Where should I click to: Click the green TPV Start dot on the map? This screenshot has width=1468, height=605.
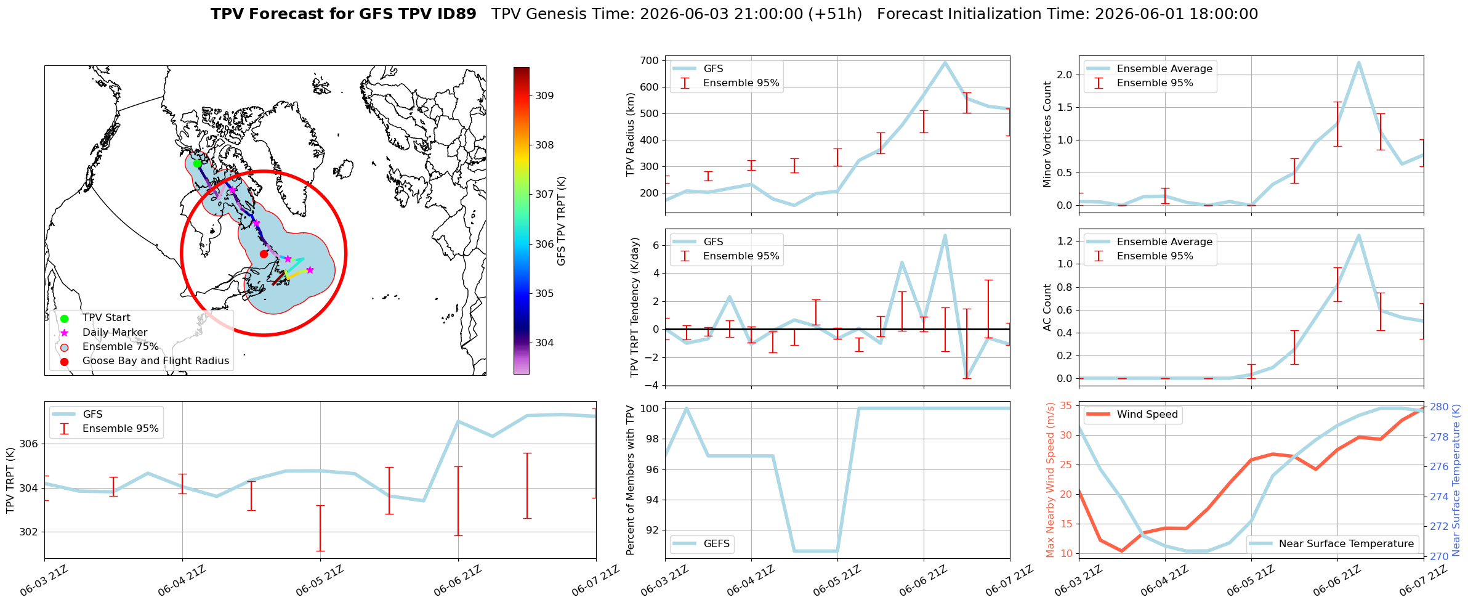197,163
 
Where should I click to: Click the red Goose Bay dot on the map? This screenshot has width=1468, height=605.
264,254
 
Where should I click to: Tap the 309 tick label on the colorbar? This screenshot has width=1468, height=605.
544,95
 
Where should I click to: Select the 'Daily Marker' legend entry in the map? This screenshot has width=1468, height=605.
115,332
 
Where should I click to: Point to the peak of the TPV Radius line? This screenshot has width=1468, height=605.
945,62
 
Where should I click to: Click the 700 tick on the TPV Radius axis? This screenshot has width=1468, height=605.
651,60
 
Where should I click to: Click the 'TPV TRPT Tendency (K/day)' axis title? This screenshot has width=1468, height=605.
635,307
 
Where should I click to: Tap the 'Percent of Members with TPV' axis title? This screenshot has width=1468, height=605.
630,480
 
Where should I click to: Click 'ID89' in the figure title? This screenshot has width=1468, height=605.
455,14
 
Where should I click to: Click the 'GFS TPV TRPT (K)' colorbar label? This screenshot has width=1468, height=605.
562,221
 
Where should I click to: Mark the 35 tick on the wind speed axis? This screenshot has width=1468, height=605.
1067,405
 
